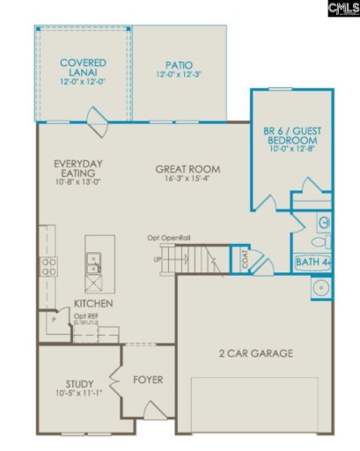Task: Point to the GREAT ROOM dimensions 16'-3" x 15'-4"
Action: pos(187,180)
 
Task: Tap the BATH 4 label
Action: pos(312,261)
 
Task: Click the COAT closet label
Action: pos(245,259)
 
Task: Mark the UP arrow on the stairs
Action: pos(159,259)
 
